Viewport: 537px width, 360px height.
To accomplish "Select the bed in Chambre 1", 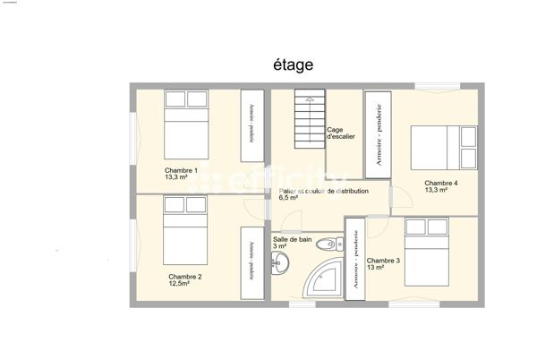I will [185, 123].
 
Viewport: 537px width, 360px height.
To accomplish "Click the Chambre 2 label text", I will [185, 279].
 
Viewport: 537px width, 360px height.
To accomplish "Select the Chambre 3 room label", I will [383, 263].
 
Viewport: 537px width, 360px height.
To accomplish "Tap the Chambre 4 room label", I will [440, 186].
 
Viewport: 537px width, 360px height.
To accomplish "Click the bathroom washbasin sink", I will [282, 261].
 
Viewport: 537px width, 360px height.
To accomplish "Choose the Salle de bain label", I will [292, 243].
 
